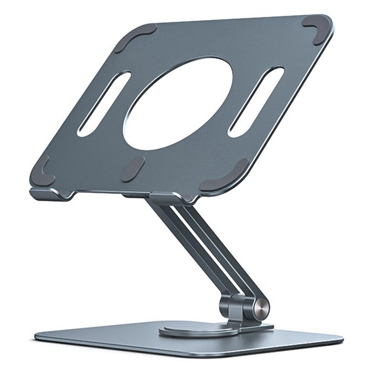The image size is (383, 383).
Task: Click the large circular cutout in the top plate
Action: tap(178, 103)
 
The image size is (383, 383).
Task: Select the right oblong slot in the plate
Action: tap(256, 101)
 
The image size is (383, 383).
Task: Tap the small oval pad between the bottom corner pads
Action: tap(133, 169)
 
